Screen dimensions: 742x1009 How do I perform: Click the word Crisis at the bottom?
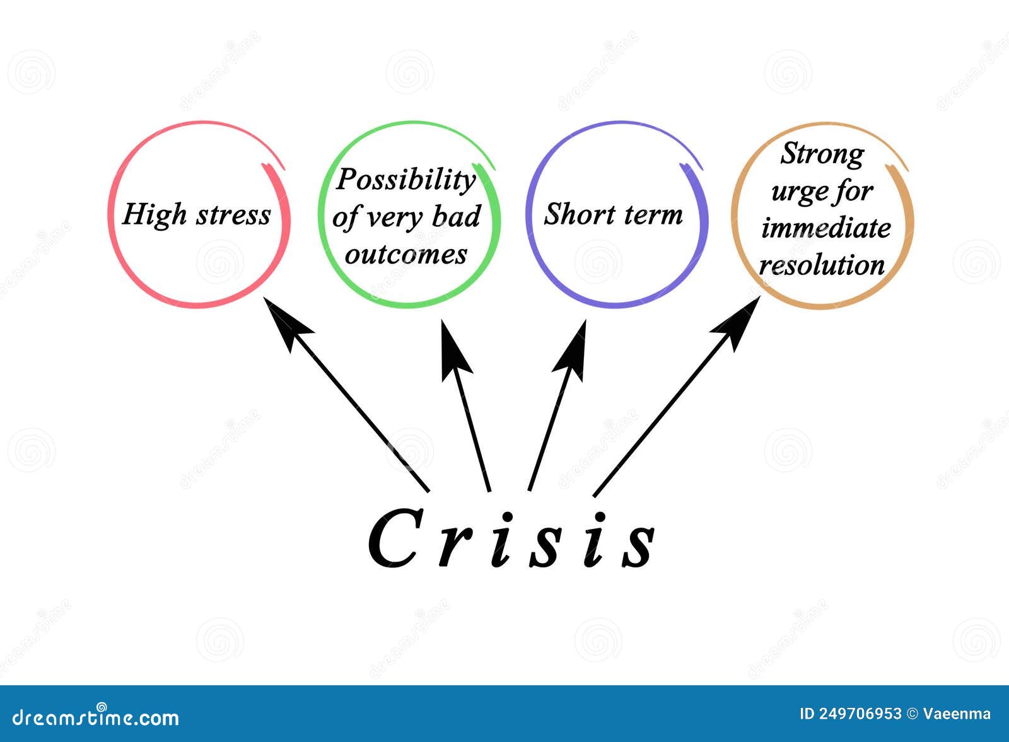[511, 538]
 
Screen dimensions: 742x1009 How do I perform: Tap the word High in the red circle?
[155, 214]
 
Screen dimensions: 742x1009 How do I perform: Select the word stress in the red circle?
[233, 215]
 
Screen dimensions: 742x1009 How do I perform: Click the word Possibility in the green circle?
[406, 180]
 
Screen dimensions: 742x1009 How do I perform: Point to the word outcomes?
[406, 254]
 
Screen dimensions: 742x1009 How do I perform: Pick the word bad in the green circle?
[457, 216]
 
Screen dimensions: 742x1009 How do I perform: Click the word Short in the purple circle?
[579, 214]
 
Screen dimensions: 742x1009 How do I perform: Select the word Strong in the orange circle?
[822, 153]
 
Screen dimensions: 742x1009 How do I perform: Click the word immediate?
[825, 228]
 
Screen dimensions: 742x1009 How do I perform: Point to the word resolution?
[822, 265]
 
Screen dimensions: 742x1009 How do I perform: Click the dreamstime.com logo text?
[95, 717]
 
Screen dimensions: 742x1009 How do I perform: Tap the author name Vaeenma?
[957, 714]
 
